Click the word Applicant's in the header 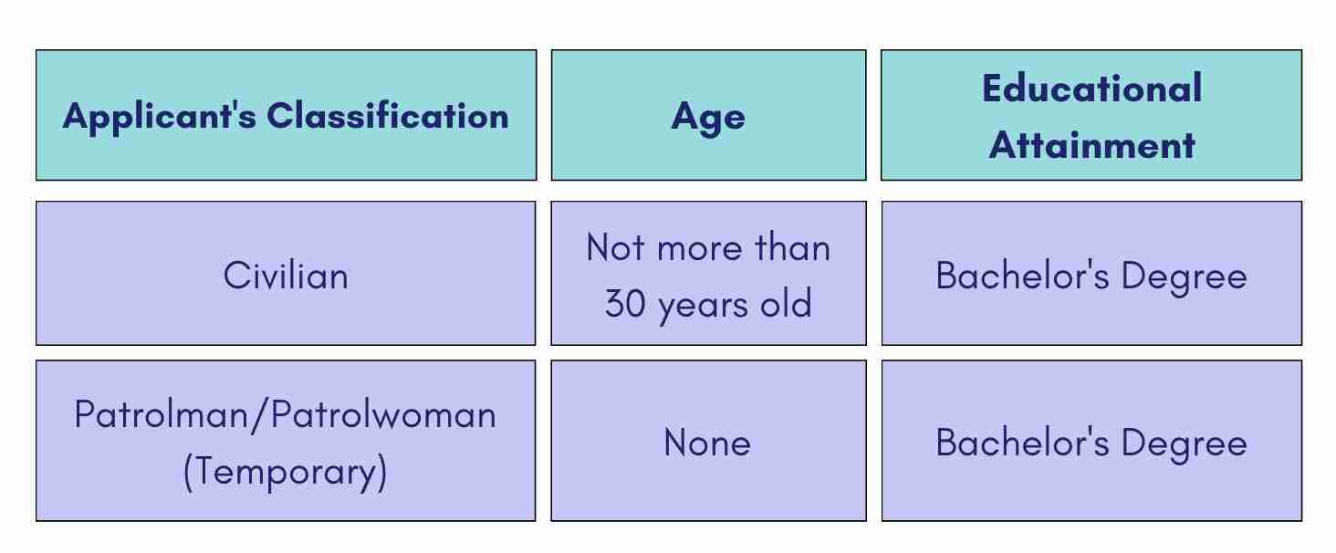click(160, 117)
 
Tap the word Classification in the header click(388, 115)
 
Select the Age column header click(708, 117)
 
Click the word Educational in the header click(1092, 89)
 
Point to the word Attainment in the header click(1092, 145)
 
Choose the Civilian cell click(286, 276)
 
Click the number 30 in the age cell click(625, 303)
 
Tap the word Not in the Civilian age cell click(615, 247)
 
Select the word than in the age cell click(793, 247)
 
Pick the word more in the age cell click(700, 249)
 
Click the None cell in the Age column click(707, 443)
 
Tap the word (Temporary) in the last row click(286, 472)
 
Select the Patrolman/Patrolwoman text click(285, 414)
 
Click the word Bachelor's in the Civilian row click(1022, 276)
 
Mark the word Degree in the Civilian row click(1184, 278)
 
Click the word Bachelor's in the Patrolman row click(1022, 443)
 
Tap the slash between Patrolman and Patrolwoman click(259, 416)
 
